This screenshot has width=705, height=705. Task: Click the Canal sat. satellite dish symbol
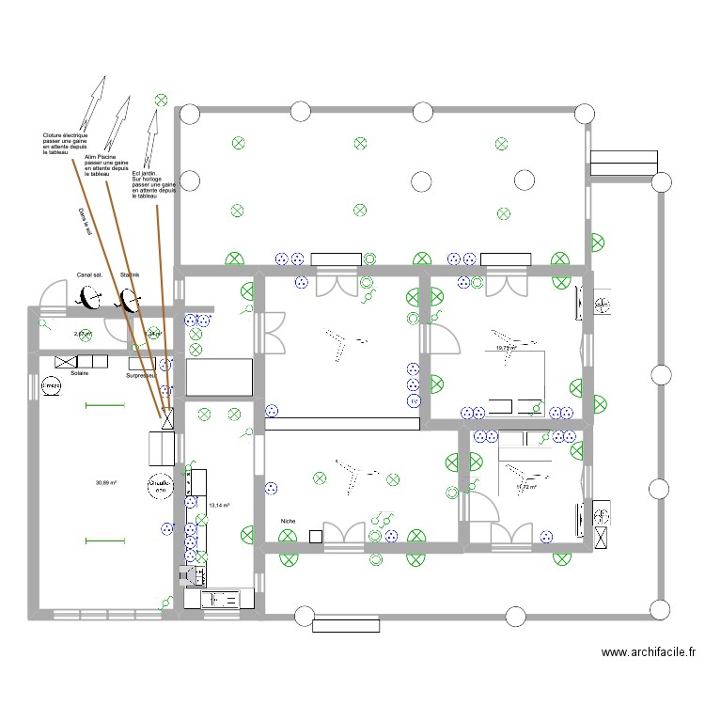pos(91,299)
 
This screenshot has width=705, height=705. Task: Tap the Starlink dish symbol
pos(128,300)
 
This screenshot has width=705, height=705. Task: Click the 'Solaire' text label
pos(79,373)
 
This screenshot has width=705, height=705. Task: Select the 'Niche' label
pos(288,520)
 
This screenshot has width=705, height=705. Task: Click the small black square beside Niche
pos(316,536)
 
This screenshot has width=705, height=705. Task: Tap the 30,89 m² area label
pos(105,482)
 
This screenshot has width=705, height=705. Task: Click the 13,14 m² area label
pos(219,506)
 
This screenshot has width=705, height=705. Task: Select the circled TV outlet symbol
pos(413,401)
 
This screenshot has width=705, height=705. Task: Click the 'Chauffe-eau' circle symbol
pos(162,484)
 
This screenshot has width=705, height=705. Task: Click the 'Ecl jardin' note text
pos(154,184)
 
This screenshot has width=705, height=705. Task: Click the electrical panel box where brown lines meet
pos(168,418)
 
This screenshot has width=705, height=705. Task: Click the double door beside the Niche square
pos(344,533)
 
